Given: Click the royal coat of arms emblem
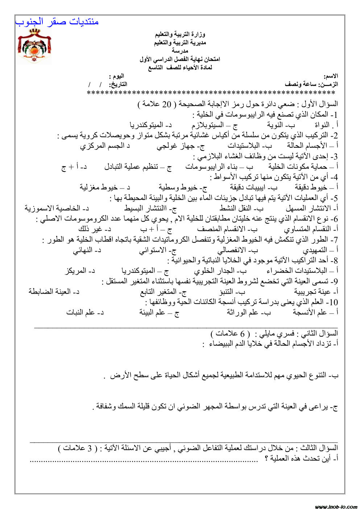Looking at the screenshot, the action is pyautogui.click(x=34, y=47).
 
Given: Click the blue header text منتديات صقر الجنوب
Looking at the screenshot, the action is pyautogui.click(x=57, y=21).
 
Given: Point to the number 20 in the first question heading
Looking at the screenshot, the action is pyautogui.click(x=166, y=104).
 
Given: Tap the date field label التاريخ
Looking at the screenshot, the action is pyautogui.click(x=119, y=84).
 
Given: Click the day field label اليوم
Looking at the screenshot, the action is pyautogui.click(x=117, y=76).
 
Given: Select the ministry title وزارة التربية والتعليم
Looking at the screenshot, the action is pyautogui.click(x=180, y=35).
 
